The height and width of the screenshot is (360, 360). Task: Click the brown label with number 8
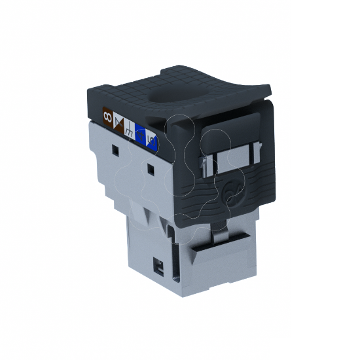(107, 117)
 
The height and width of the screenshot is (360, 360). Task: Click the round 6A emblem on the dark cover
(229, 194)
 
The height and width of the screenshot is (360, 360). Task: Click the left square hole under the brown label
(115, 151)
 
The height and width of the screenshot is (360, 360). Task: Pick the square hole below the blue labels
(151, 171)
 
